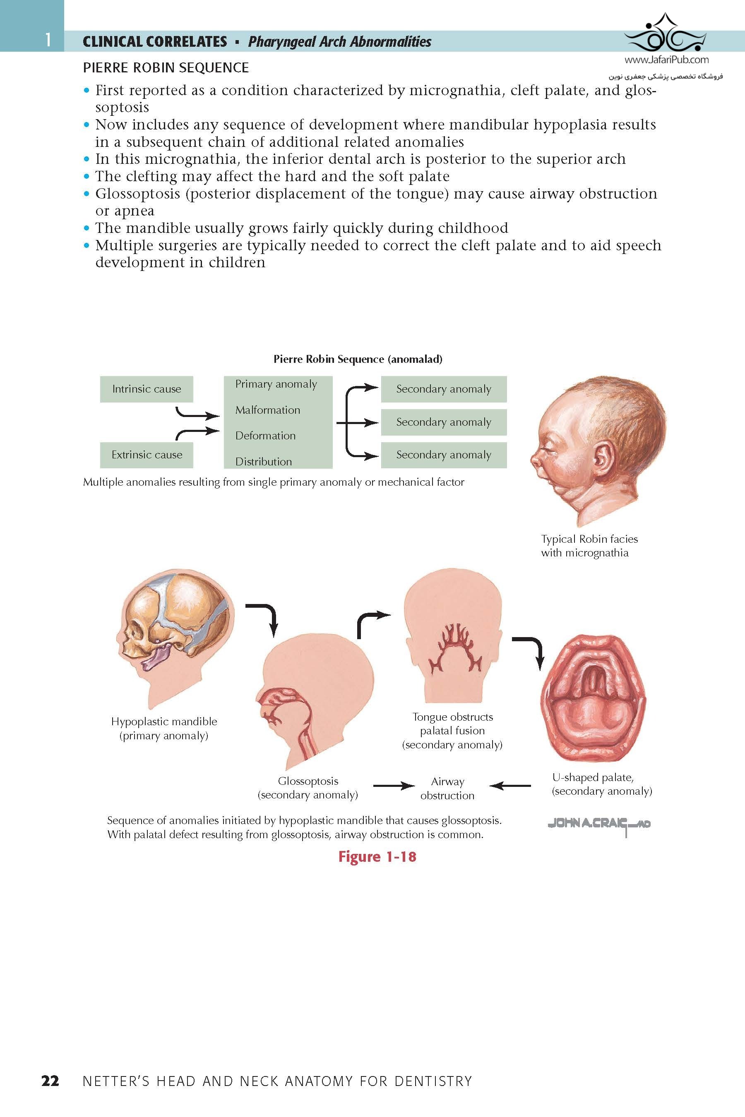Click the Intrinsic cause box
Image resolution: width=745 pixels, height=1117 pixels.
[x=147, y=389]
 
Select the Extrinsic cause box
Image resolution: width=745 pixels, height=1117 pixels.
[x=147, y=455]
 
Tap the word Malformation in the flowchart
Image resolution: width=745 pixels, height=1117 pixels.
[x=267, y=410]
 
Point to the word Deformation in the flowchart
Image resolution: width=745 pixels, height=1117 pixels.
[x=265, y=436]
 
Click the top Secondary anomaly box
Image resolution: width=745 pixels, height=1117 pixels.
[x=443, y=389]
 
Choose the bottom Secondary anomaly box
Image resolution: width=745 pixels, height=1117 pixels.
[x=443, y=455]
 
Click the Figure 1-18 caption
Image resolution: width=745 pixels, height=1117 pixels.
[x=377, y=856]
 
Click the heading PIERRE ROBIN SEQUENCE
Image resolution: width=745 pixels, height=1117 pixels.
[x=166, y=68]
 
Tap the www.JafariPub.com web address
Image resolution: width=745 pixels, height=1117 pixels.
[x=666, y=60]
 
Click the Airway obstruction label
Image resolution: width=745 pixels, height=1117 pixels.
[x=447, y=789]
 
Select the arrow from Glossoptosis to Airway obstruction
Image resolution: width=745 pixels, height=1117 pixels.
[x=394, y=786]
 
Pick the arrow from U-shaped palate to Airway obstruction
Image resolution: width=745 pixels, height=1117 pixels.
[x=510, y=786]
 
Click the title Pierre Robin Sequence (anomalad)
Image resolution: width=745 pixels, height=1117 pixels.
[x=358, y=359]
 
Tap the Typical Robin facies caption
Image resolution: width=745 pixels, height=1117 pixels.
[x=589, y=546]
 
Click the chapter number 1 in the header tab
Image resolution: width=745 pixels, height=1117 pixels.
[x=48, y=40]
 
